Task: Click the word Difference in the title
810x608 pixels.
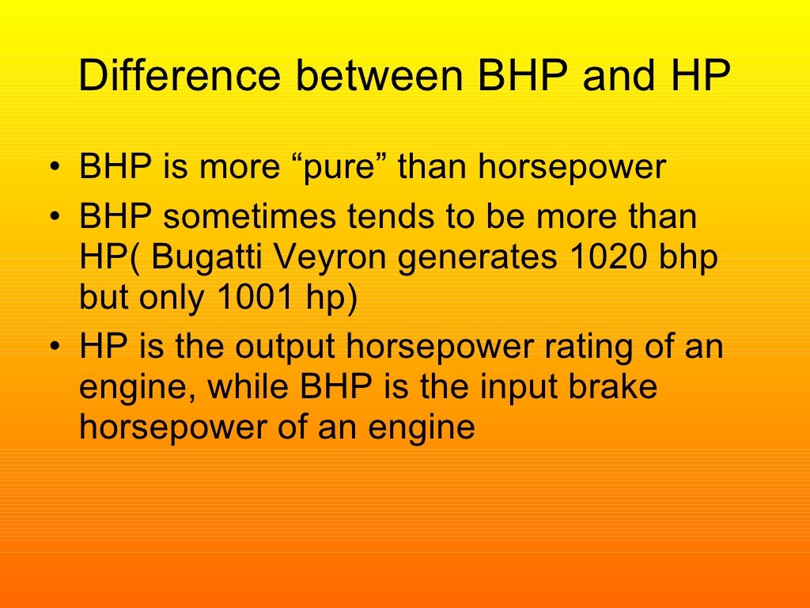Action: coord(180,77)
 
